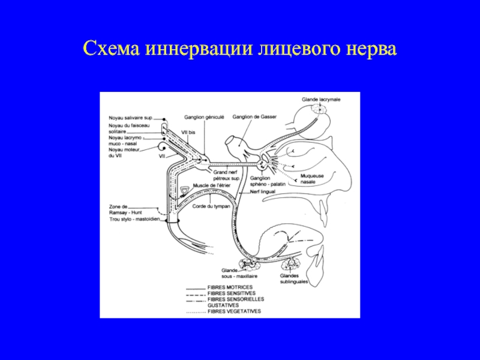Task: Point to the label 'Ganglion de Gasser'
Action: click(x=254, y=118)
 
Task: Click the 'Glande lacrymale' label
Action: click(x=320, y=100)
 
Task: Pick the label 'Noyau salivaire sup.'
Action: click(x=131, y=118)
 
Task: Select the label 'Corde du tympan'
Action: click(x=212, y=206)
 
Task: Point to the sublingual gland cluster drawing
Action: click(x=292, y=263)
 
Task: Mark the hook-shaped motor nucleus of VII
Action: click(x=162, y=148)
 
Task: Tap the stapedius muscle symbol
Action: click(x=184, y=191)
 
